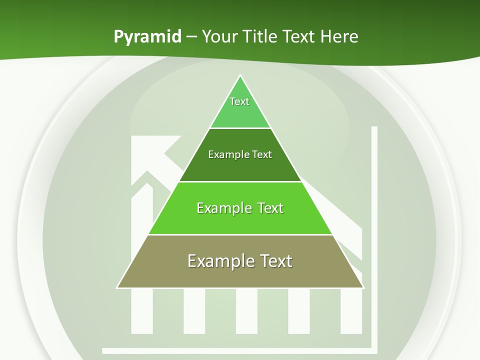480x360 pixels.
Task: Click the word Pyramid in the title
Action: point(147,37)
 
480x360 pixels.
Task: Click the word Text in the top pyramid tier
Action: point(239,101)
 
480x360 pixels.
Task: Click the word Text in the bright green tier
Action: point(270,208)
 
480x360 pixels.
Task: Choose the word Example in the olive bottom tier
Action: point(215,261)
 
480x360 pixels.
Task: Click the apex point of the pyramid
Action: point(240,76)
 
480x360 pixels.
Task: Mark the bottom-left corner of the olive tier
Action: point(118,287)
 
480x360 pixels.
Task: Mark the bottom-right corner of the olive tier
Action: point(362,287)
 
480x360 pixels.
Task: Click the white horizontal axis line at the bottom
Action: point(235,350)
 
